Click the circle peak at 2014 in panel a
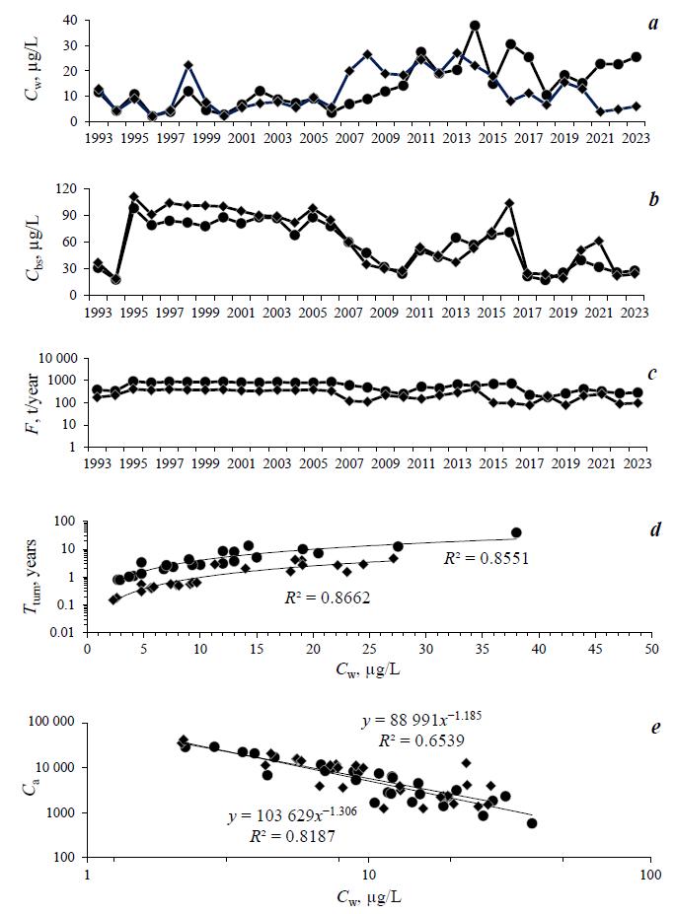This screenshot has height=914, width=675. click(x=475, y=26)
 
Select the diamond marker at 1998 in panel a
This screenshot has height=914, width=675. click(x=187, y=66)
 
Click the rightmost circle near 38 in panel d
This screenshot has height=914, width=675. click(x=516, y=532)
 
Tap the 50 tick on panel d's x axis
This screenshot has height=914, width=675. click(x=650, y=651)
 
